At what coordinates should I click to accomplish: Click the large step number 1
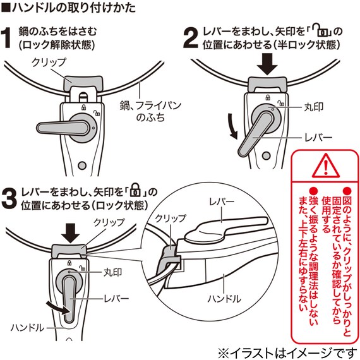[x=9, y=37]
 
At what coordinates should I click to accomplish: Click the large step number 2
[x=190, y=37]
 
